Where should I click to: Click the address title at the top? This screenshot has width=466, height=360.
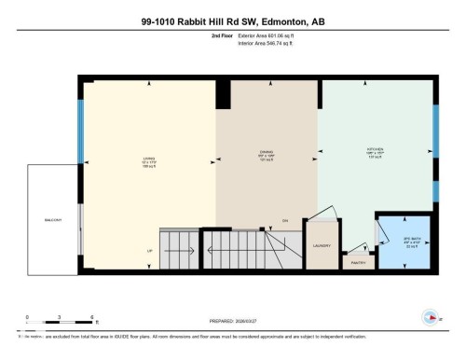click(232, 20)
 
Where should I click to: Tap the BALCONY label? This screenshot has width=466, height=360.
click(53, 221)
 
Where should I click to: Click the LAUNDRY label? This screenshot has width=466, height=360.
click(323, 246)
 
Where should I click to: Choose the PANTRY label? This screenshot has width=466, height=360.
click(357, 262)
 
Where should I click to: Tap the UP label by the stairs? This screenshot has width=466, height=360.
click(149, 251)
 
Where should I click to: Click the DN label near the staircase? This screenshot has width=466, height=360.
click(285, 220)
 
